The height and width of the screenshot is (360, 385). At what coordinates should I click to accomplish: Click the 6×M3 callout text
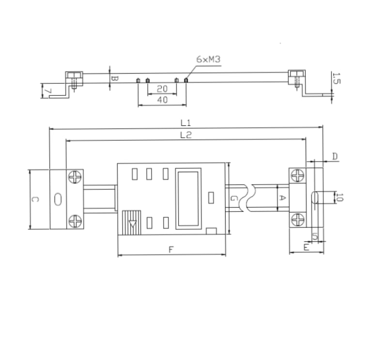tap(209, 60)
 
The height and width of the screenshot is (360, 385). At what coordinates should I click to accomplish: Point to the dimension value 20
tap(162, 89)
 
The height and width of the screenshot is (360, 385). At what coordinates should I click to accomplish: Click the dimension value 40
tap(162, 100)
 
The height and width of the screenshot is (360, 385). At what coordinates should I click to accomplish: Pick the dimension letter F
tap(171, 250)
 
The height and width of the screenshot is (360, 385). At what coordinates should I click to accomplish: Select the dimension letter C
tap(34, 199)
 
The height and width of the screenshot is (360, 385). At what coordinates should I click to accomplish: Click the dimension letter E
tap(306, 247)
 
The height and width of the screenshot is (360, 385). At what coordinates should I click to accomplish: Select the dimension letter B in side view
tap(114, 77)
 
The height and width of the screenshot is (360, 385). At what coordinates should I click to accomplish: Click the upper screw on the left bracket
tap(76, 178)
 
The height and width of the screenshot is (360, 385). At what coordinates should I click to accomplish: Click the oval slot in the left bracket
tap(58, 199)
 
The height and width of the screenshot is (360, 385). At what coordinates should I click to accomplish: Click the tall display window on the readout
tap(188, 198)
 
